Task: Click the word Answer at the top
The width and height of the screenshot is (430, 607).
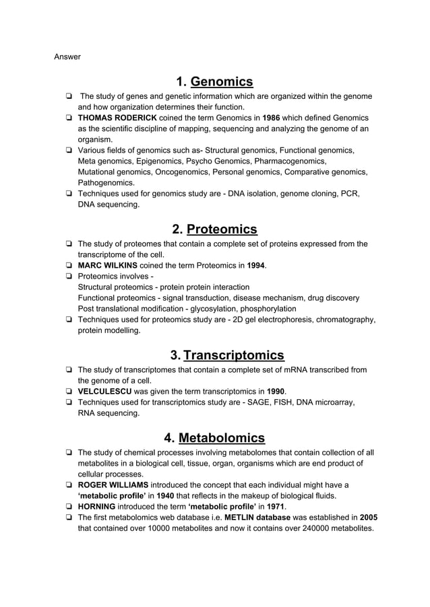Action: point(67,57)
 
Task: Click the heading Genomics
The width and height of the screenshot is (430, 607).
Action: point(222,82)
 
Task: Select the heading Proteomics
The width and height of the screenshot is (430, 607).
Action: point(222,229)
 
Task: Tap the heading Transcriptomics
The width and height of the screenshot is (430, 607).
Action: point(233,355)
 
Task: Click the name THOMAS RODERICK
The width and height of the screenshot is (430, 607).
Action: point(118,118)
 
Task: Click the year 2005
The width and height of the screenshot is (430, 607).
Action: point(369,517)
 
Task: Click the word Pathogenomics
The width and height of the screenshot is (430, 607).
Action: point(106,182)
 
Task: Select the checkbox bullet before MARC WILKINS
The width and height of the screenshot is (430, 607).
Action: point(69,266)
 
